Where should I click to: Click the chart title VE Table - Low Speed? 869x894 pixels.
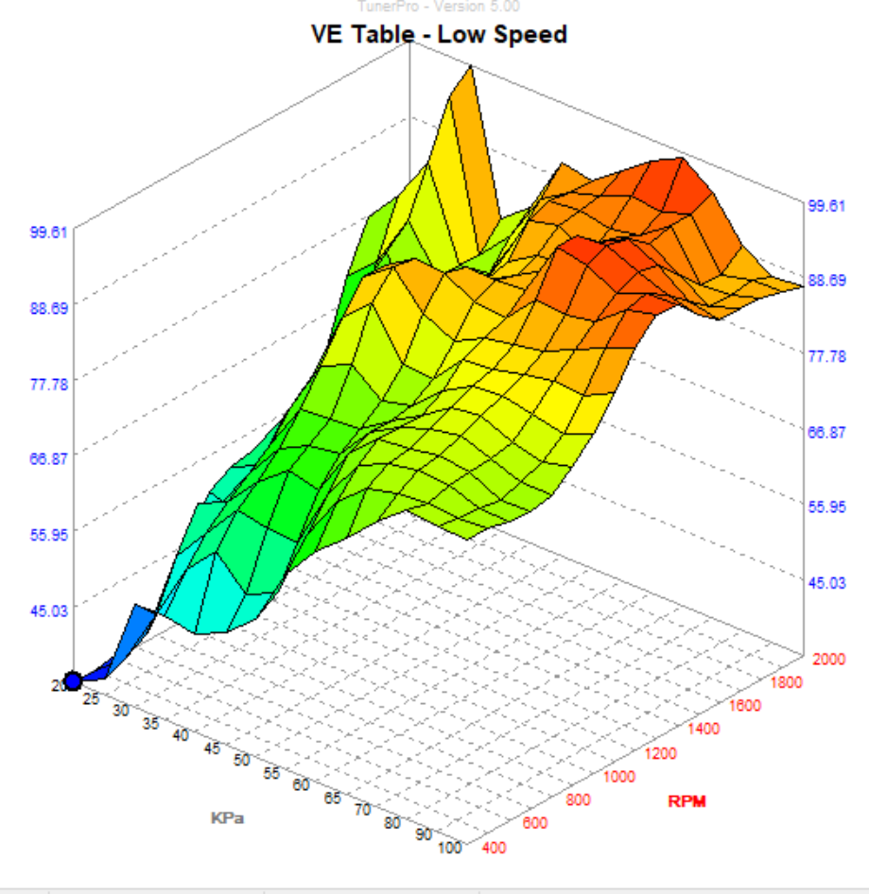[439, 35]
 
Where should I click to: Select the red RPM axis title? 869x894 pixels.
[687, 802]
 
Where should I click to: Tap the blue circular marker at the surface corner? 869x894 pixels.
[73, 680]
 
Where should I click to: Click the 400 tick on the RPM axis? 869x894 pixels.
[494, 848]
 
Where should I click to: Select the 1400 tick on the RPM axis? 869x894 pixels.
[702, 729]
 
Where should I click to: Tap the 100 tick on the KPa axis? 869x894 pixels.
[449, 847]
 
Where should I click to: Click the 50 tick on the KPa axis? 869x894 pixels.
[243, 760]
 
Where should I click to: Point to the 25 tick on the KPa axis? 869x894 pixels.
[92, 698]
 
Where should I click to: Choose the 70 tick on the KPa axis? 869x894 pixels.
[361, 810]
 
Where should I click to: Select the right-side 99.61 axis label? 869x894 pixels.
[826, 205]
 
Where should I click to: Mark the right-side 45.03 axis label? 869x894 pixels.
[826, 582]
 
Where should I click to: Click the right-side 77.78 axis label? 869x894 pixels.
[826, 355]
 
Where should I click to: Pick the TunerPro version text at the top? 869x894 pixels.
[438, 7]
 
